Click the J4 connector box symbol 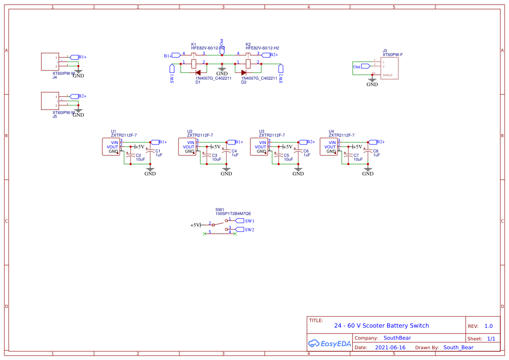pyautogui.click(x=50, y=62)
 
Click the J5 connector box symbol pyautogui.click(x=50, y=101)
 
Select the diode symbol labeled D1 pyautogui.click(x=198, y=72)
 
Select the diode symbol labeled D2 pyautogui.click(x=244, y=72)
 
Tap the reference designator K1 pyautogui.click(x=194, y=44)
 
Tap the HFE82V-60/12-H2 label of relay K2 pyautogui.click(x=262, y=48)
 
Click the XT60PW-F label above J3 pyautogui.click(x=392, y=55)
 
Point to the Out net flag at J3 pyautogui.click(x=358, y=67)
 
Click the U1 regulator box pyautogui.click(x=110, y=147)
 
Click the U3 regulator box pyautogui.click(x=259, y=147)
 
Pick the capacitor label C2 pyautogui.click(x=138, y=155)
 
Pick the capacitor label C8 pyautogui.click(x=375, y=151)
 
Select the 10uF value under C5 pyautogui.click(x=288, y=160)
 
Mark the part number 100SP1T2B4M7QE pyautogui.click(x=233, y=214)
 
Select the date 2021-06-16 pyautogui.click(x=390, y=347)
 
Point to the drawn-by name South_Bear pyautogui.click(x=458, y=347)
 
